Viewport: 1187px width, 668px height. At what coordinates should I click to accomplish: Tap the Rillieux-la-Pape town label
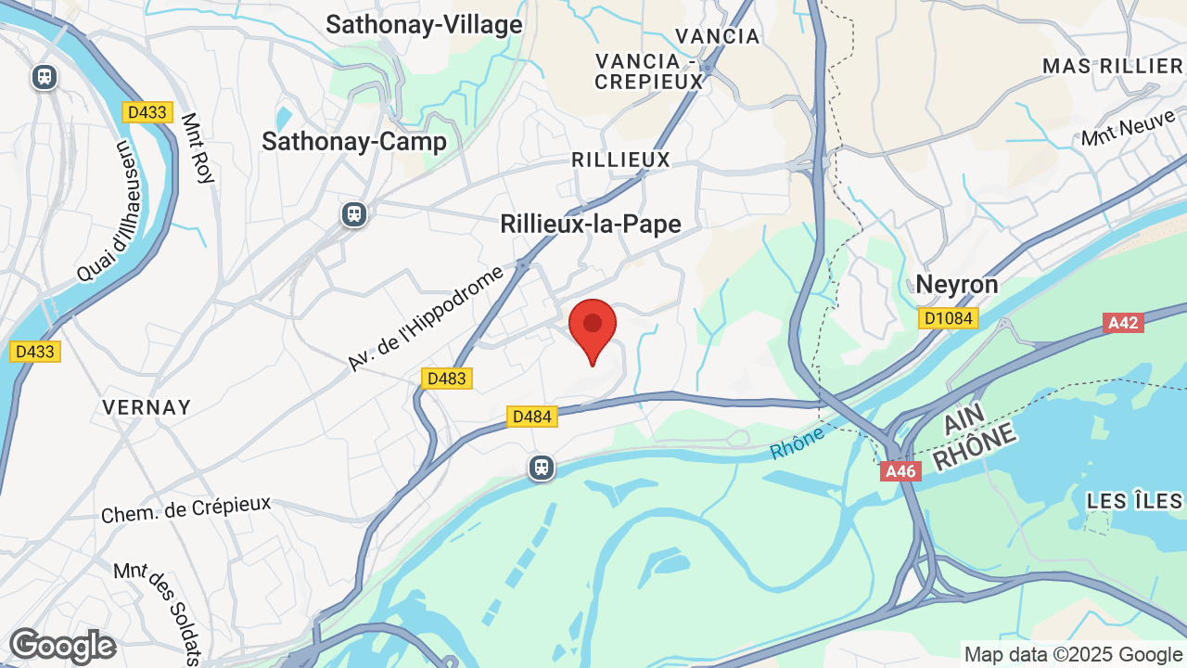tap(591, 224)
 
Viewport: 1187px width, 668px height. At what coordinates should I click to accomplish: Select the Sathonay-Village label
tap(424, 25)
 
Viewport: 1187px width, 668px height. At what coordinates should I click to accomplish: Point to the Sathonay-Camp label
tap(354, 141)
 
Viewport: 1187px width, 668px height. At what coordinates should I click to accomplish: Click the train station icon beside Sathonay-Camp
tap(353, 214)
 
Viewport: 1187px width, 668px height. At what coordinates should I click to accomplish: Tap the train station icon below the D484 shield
tap(542, 468)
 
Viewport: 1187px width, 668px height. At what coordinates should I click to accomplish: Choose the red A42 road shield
tap(1123, 323)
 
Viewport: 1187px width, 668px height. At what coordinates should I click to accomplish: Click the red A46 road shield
tap(900, 471)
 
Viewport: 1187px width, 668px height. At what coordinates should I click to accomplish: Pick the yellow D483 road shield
tap(447, 378)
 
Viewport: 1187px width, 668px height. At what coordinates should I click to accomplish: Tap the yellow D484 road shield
tap(532, 417)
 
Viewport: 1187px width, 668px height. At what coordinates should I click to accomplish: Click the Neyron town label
tap(957, 284)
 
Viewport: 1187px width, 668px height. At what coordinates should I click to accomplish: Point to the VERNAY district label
tap(147, 407)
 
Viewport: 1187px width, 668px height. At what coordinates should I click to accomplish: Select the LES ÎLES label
tap(1134, 501)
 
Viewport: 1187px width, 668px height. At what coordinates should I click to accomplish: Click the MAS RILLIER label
tap(1113, 66)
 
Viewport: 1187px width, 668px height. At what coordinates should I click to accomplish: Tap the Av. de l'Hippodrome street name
tap(426, 318)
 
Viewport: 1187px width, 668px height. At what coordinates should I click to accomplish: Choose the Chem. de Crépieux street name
tap(185, 508)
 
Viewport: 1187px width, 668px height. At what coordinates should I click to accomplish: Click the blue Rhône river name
tap(797, 443)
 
